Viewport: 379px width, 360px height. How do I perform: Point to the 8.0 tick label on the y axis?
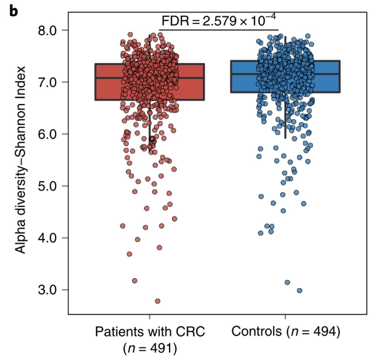pyautogui.click(x=47, y=31)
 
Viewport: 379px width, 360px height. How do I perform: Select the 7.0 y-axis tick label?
pyautogui.click(x=47, y=82)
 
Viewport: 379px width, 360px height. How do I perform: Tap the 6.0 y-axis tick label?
pyautogui.click(x=47, y=134)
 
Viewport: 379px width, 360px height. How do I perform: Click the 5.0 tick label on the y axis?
pyautogui.click(x=47, y=186)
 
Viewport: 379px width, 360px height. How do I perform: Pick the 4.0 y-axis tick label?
pyautogui.click(x=47, y=238)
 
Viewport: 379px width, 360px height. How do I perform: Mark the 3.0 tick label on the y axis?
pyautogui.click(x=47, y=290)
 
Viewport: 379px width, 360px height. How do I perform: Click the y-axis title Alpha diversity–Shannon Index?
pyautogui.click(x=21, y=159)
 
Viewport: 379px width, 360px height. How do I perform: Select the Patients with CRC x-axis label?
pyautogui.click(x=150, y=332)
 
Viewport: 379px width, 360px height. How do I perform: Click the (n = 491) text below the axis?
pyautogui.click(x=150, y=348)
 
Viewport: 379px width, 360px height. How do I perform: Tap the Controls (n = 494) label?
pyautogui.click(x=286, y=332)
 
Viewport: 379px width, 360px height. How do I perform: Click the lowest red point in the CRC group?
pyautogui.click(x=157, y=301)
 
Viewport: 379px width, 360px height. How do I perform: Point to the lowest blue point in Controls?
pyautogui.click(x=299, y=291)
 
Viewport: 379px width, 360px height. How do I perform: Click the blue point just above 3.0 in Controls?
pyautogui.click(x=287, y=282)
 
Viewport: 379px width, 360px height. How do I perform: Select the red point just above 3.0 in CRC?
pyautogui.click(x=135, y=280)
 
